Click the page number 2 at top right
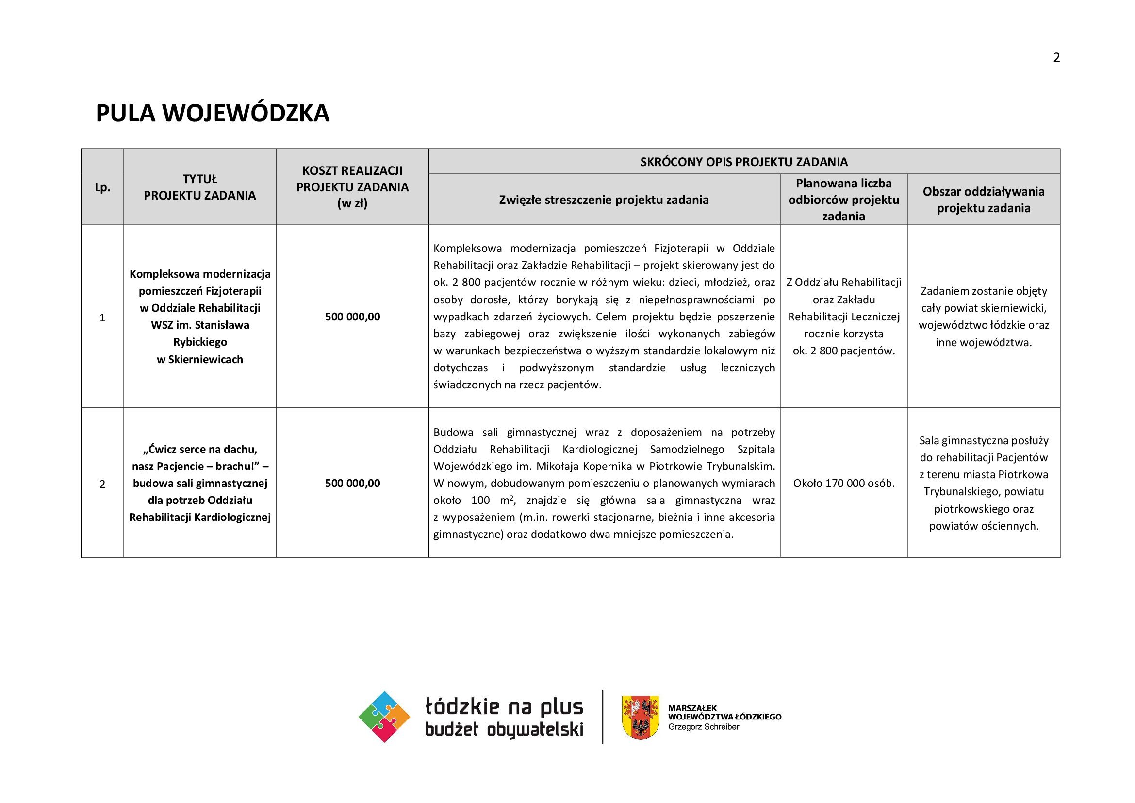(1056, 58)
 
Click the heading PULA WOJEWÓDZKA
(212, 113)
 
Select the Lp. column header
(102, 187)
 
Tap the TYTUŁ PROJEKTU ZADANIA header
(200, 187)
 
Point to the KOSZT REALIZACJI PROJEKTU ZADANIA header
(352, 187)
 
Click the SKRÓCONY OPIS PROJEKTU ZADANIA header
(743, 162)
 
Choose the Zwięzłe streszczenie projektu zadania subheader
(604, 200)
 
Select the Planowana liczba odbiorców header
(843, 200)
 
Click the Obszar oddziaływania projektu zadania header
(983, 200)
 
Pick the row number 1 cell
(102, 318)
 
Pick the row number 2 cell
(102, 484)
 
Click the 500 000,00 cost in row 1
(352, 317)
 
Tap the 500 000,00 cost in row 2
(352, 484)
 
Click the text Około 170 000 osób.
(843, 484)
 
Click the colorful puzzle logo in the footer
(384, 717)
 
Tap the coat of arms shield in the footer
(640, 717)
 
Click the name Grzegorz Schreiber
(704, 727)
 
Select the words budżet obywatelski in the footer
(504, 730)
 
